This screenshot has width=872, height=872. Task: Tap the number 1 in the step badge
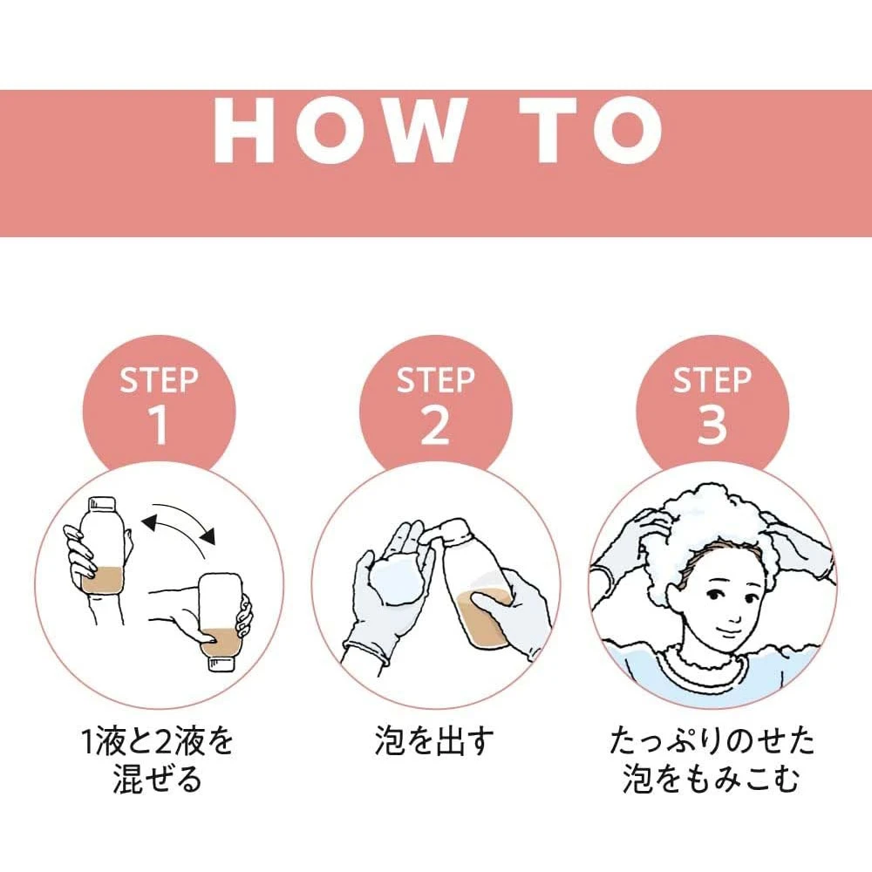tap(159, 425)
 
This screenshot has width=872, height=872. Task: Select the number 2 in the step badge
tap(435, 425)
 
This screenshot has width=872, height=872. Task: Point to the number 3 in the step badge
tap(712, 425)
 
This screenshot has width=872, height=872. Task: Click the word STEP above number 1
tap(159, 380)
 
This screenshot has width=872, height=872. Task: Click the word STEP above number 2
tap(435, 380)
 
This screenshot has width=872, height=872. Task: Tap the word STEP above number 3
tap(712, 380)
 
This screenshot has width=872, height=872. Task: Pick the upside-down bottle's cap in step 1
tap(221, 663)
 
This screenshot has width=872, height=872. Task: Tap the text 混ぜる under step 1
tap(157, 779)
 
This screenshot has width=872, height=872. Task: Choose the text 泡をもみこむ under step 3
tap(712, 779)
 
